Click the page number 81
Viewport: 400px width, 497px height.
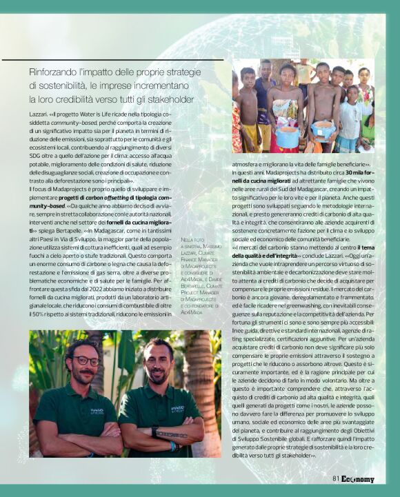337,479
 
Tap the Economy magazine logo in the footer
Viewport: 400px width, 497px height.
357,479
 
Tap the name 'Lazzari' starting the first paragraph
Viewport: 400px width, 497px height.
39,112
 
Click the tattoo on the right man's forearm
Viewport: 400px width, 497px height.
172,435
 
